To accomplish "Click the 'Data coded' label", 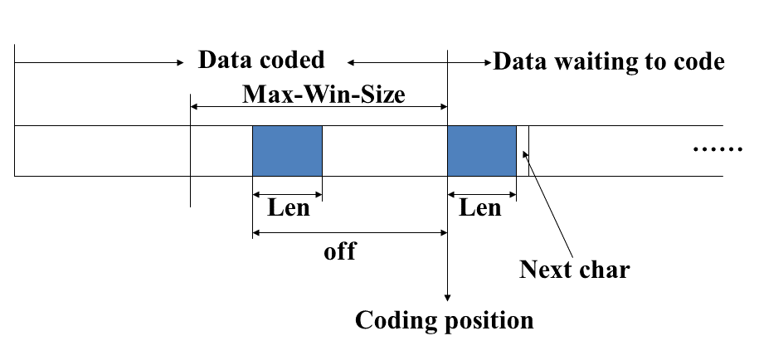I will coord(261,61).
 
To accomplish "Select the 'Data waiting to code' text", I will coord(609,61).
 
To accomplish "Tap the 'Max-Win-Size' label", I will coord(324,94).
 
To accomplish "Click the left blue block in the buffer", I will coord(287,151).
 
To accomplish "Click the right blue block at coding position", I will coord(482,151).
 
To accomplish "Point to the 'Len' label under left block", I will coord(288,207).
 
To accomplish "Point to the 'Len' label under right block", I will coord(480,207).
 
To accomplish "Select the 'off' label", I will coord(339,251).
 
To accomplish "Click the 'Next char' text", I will coord(574,270).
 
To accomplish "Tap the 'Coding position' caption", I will coord(444,319).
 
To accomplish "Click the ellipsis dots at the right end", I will coord(718,150).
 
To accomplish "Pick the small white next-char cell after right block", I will coord(523,151).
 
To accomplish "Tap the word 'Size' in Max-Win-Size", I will coord(381,94).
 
